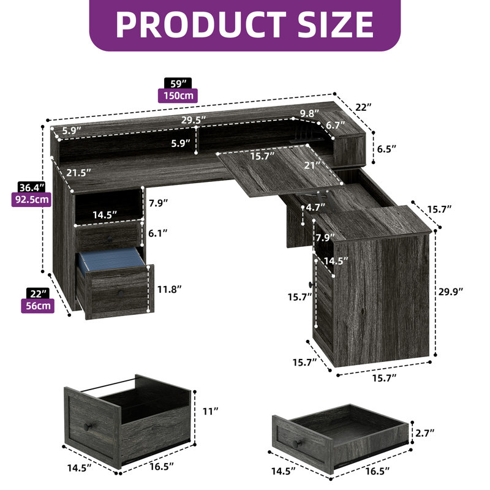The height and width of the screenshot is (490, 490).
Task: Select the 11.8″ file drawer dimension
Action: coord(169,289)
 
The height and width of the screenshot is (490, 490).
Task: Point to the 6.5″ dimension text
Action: coord(386,149)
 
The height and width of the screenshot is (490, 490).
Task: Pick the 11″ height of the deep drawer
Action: coord(209,411)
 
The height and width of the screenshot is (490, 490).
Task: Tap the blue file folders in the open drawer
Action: coord(108,260)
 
